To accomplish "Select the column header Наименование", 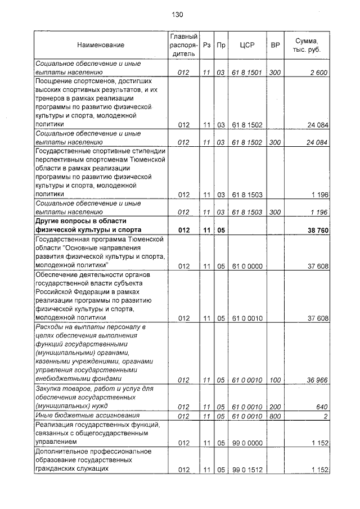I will click(x=101, y=44).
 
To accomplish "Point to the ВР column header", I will click(x=275, y=44).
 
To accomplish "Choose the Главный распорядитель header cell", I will click(x=183, y=44).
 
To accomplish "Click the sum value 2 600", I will click(x=318, y=73).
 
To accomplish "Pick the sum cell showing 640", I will click(x=321, y=406).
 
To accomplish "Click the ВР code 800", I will click(x=275, y=416).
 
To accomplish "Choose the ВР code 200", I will click(x=275, y=406).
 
